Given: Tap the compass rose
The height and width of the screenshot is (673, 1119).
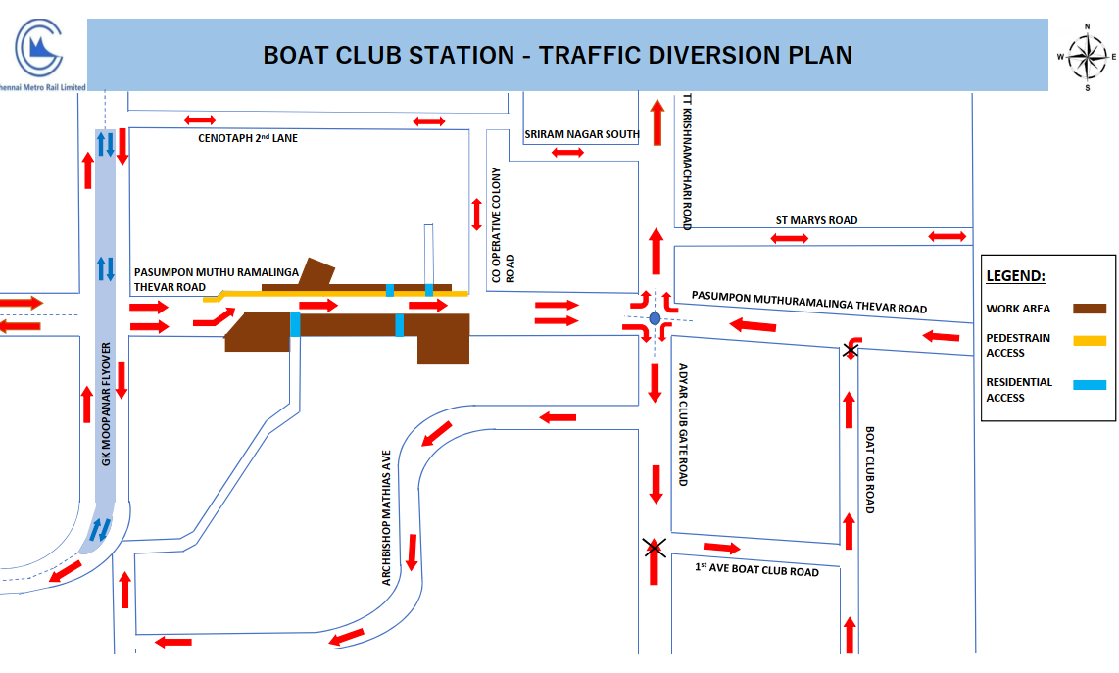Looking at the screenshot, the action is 1087,57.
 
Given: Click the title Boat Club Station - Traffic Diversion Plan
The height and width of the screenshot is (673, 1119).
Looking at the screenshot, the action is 558,55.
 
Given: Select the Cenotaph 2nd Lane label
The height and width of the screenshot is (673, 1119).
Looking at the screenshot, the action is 248,138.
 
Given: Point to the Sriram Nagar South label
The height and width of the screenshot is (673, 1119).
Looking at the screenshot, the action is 582,134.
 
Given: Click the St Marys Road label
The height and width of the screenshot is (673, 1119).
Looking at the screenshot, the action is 816,220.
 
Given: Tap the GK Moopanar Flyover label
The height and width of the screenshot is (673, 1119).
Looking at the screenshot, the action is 107,404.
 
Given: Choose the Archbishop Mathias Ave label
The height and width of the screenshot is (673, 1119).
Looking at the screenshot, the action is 387,517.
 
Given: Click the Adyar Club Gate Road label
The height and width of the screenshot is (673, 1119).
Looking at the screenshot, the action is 683,424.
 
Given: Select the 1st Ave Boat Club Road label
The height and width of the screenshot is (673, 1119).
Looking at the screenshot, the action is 756,569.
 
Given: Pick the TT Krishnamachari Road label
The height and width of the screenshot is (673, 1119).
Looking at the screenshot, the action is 687,162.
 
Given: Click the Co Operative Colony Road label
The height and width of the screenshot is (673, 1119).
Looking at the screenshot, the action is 503,224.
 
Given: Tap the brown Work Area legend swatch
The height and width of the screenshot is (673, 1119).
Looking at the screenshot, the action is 1090,309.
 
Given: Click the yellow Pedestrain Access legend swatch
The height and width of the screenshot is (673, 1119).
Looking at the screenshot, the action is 1090,341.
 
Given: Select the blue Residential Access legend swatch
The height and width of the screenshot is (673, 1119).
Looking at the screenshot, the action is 1090,385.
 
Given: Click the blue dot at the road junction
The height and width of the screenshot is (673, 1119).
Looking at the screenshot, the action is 655,318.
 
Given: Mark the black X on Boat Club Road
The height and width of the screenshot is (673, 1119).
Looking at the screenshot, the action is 850,350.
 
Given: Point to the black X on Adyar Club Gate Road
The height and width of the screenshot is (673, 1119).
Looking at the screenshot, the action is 655,548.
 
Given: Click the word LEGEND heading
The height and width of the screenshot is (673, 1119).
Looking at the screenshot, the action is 1015,276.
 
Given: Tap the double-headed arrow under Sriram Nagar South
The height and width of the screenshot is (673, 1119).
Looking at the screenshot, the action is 567,153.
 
